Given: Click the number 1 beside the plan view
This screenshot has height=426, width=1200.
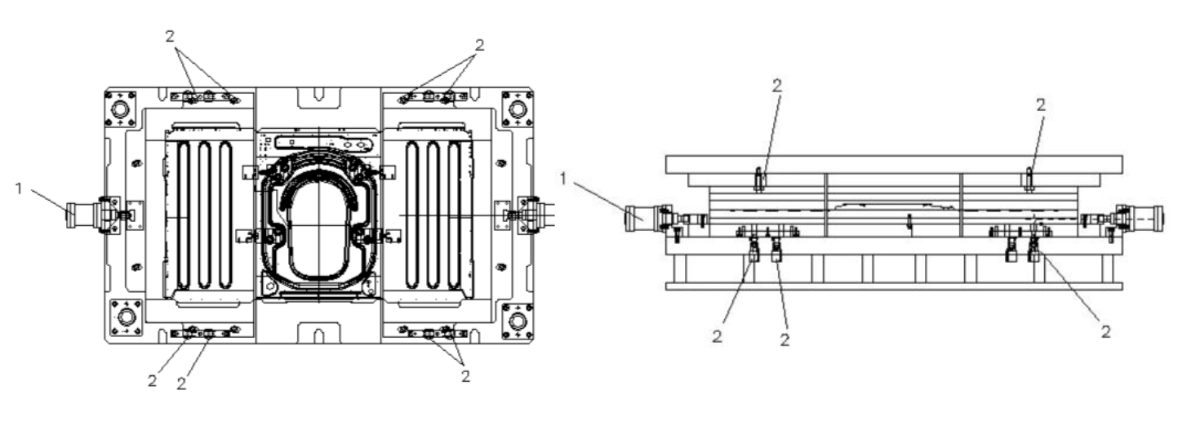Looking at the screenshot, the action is coord(19,189).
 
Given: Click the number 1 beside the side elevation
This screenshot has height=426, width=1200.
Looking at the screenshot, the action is coord(562,179).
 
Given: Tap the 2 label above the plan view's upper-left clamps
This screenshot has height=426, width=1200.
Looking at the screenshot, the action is coord(170,37).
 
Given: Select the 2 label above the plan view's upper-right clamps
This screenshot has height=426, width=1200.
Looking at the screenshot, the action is coord(479,45).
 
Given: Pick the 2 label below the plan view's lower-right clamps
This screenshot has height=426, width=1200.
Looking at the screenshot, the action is coord(465,376).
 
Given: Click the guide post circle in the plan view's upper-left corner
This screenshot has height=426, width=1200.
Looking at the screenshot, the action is coord(120,109).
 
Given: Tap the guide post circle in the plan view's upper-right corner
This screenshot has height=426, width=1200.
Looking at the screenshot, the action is coord(517,109).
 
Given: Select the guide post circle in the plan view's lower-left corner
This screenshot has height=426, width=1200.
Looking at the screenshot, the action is coord(126,317).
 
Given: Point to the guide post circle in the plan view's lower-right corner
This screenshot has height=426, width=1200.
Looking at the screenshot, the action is coord(518,321).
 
